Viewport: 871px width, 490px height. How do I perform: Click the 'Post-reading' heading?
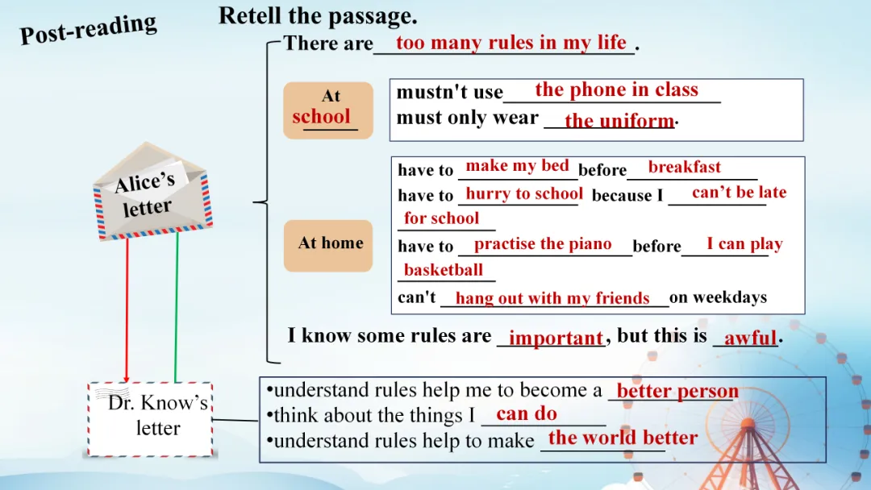pyautogui.click(x=89, y=28)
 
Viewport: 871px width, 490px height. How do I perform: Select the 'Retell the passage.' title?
pyautogui.click(x=318, y=15)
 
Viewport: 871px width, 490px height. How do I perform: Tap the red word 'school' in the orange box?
pyautogui.click(x=321, y=117)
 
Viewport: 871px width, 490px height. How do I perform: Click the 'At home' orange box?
pyautogui.click(x=328, y=246)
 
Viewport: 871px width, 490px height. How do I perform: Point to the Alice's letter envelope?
pyautogui.click(x=152, y=192)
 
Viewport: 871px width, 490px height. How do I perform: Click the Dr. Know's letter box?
pyautogui.click(x=150, y=419)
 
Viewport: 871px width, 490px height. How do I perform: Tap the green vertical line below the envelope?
pyautogui.click(x=177, y=307)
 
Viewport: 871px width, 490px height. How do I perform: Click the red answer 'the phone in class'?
pyautogui.click(x=617, y=89)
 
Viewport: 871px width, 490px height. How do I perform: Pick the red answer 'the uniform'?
pyautogui.click(x=619, y=120)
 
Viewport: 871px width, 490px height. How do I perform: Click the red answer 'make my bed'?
pyautogui.click(x=517, y=165)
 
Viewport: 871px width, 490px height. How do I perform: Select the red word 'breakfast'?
pyautogui.click(x=685, y=167)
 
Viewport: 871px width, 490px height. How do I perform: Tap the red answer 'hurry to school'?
pyautogui.click(x=524, y=193)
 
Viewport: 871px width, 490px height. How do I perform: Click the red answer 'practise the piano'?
pyautogui.click(x=543, y=243)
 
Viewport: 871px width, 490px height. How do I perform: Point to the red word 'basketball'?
pyautogui.click(x=444, y=270)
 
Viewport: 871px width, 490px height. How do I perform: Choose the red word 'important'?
pyautogui.click(x=556, y=338)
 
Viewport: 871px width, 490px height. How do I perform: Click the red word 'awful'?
pyautogui.click(x=751, y=338)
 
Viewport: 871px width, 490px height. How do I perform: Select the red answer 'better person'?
pyautogui.click(x=677, y=391)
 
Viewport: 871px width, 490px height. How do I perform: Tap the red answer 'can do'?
pyautogui.click(x=527, y=413)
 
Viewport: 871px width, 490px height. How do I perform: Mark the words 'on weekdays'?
pyautogui.click(x=719, y=297)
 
